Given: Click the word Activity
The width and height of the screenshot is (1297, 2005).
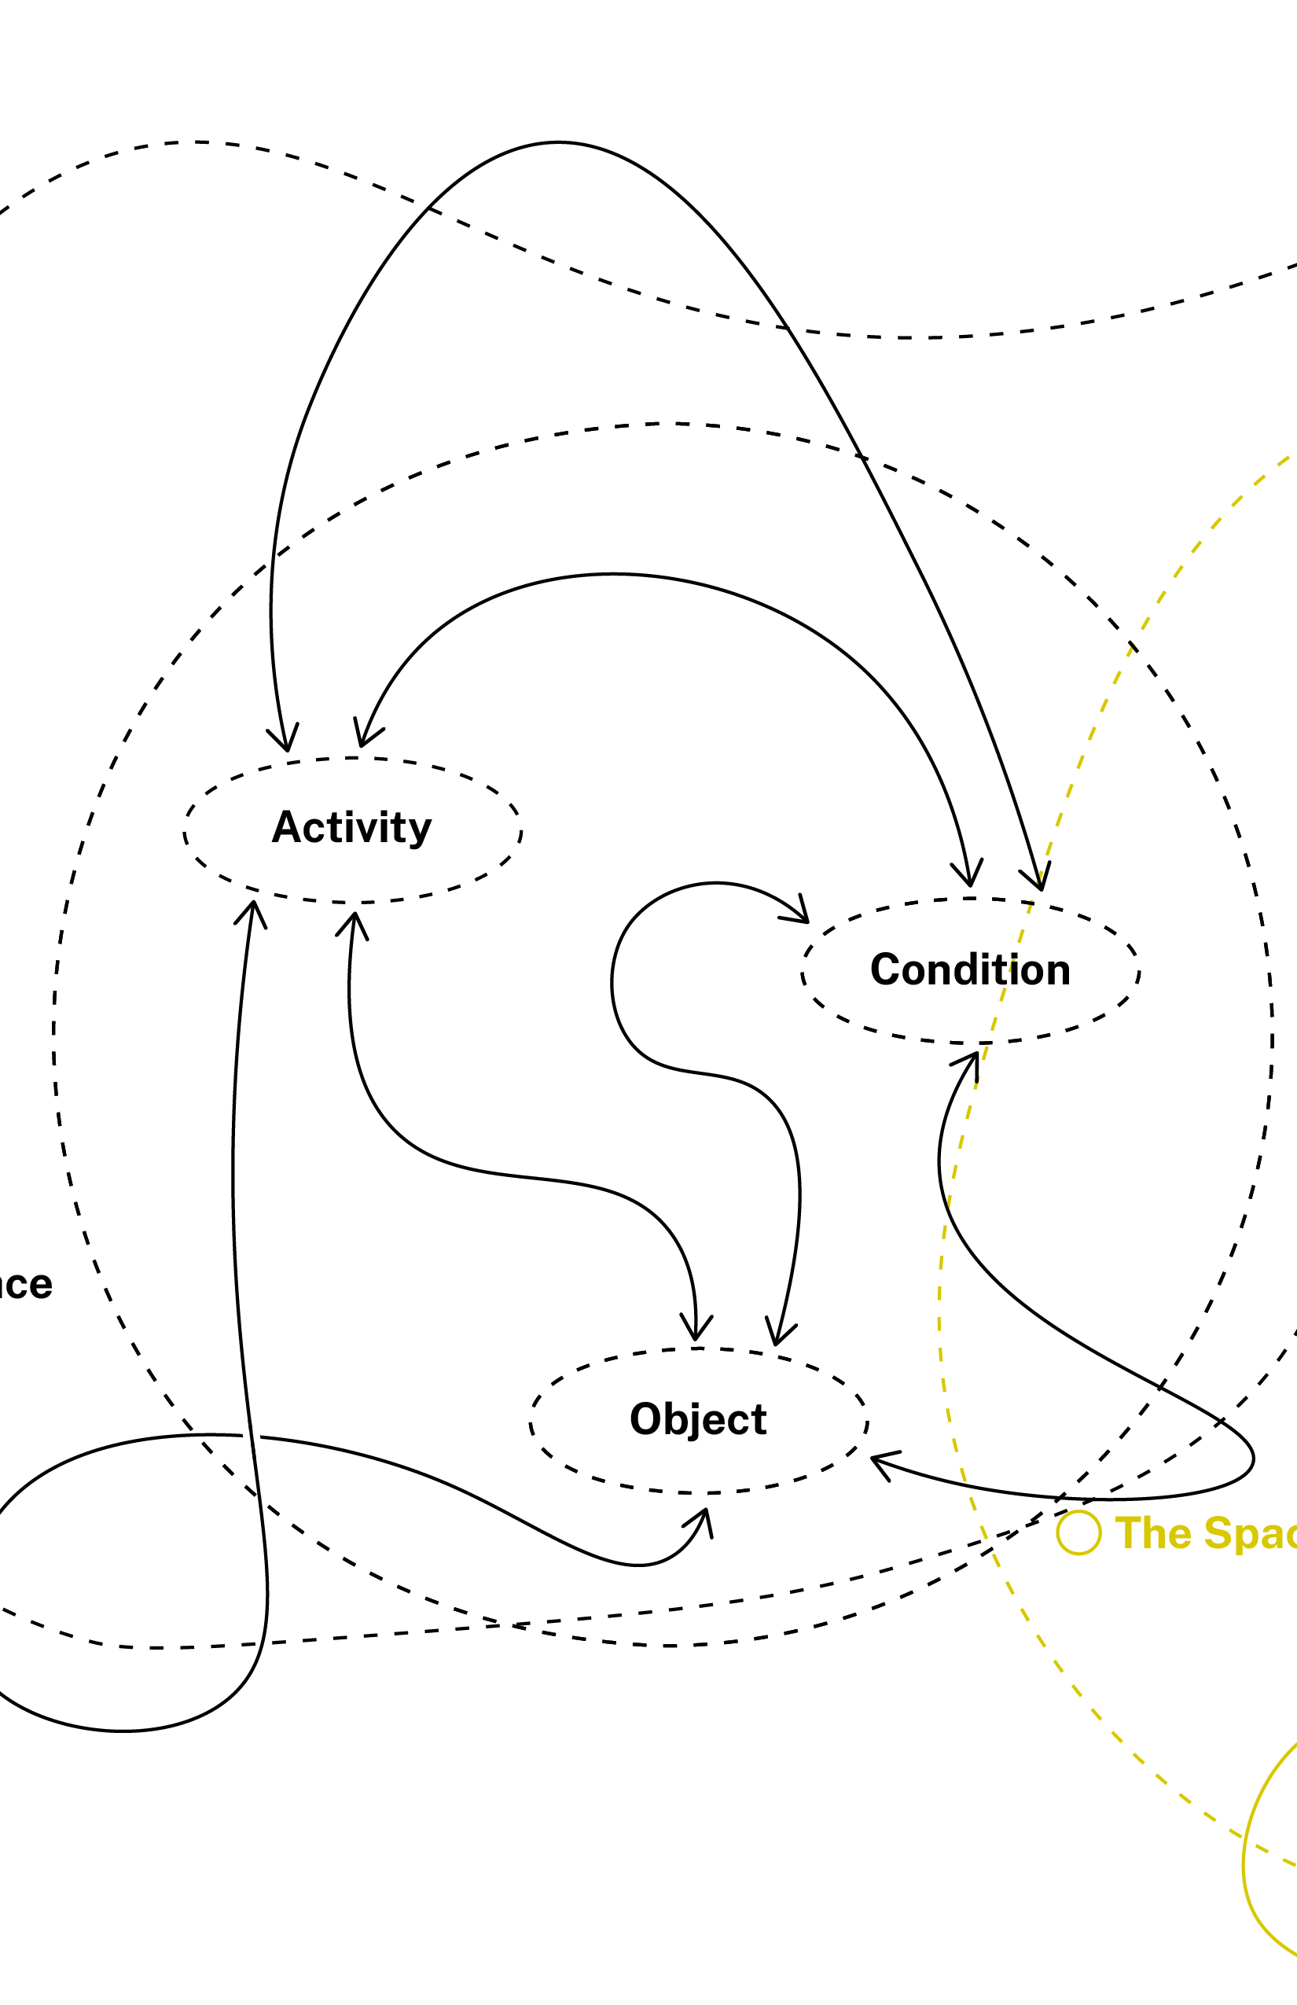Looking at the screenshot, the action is (x=351, y=827).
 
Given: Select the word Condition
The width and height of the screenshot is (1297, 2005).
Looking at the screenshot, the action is (x=970, y=969).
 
